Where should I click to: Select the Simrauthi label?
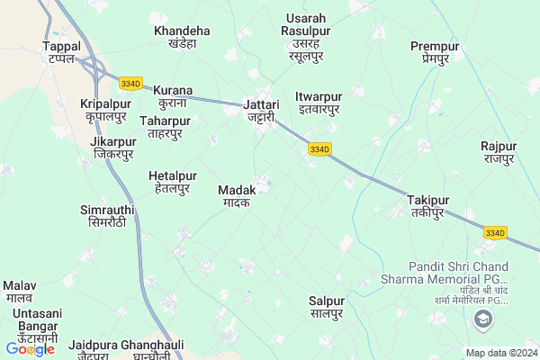coord(108,215)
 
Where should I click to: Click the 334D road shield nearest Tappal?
coord(130,84)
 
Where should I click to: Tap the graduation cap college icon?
coord(484,319)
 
